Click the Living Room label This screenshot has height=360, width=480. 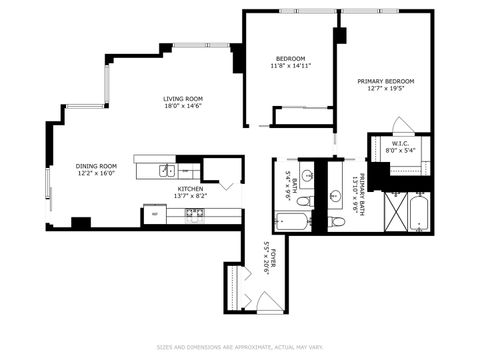click(184, 99)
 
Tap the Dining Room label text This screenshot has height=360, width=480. click(96, 166)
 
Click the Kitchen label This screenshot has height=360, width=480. click(191, 188)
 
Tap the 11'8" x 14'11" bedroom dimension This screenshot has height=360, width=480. click(291, 66)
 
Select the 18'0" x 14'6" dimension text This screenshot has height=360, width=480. click(184, 107)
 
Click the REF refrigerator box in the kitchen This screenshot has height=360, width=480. click(154, 213)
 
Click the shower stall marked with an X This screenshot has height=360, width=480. click(394, 212)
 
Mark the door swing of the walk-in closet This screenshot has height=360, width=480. click(401, 125)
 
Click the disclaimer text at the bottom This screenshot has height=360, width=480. click(240, 347)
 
